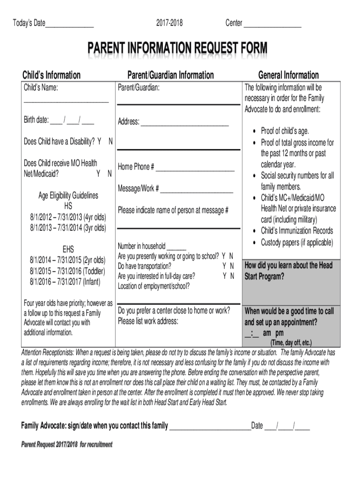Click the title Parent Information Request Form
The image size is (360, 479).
point(178,48)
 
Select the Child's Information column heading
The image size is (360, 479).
point(52,75)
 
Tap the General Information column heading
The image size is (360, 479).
point(288,75)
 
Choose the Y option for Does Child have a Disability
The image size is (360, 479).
point(99,141)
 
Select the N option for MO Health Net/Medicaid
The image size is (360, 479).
point(109,174)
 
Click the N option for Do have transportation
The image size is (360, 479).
point(231,266)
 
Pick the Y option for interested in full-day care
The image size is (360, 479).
point(224,276)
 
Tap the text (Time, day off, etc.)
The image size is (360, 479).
point(291,342)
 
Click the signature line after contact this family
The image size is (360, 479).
point(210,426)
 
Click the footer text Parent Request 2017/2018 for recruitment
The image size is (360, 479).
point(67,444)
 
